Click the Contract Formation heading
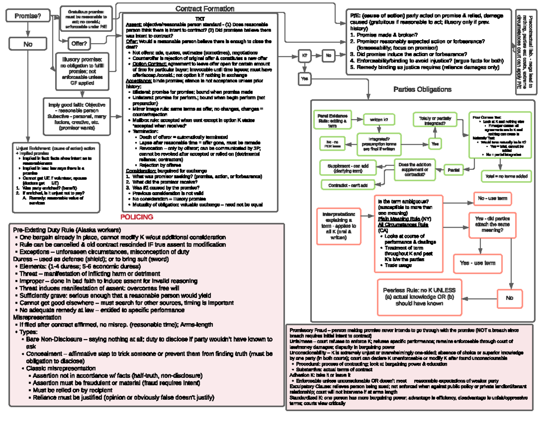(205, 9)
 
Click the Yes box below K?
(304, 79)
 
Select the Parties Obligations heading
(422, 89)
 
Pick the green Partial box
(454, 169)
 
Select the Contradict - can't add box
(348, 185)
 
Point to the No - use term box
(492, 199)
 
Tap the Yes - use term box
(477, 263)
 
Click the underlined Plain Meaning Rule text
(399, 219)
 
